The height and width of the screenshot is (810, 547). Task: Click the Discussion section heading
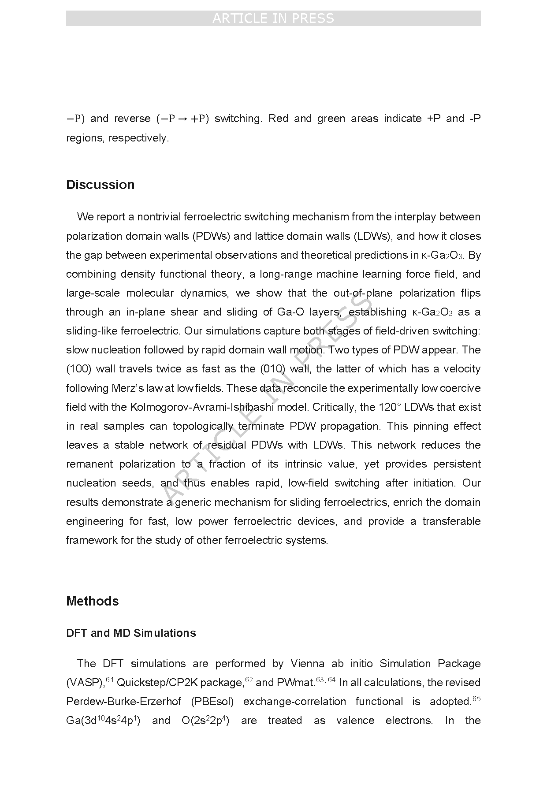point(100,185)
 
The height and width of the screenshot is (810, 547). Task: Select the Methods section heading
point(92,601)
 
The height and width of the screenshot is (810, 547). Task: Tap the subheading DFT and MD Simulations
point(131,633)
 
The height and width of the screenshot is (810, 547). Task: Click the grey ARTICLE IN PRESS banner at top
point(273,18)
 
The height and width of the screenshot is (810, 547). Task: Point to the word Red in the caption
point(278,119)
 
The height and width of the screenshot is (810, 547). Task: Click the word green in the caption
point(331,119)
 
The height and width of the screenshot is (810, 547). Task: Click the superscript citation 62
point(249,680)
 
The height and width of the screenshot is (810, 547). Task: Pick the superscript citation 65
point(476,699)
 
